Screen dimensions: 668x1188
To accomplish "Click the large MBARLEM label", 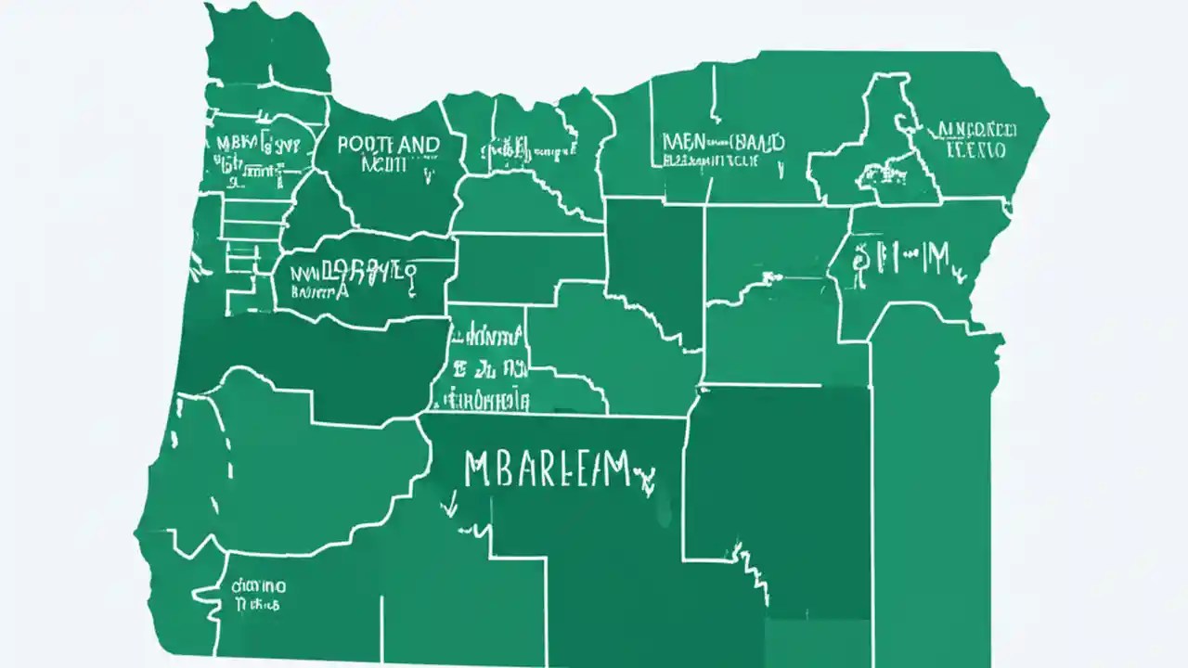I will click(x=550, y=469).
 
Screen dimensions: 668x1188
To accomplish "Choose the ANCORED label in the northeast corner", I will click(x=977, y=129).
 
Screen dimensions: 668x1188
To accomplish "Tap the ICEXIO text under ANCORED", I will click(x=975, y=149).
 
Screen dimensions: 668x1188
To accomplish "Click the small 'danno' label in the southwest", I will click(x=259, y=586).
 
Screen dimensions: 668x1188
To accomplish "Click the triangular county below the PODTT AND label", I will click(x=316, y=212).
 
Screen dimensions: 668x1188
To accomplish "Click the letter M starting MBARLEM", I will click(x=475, y=469).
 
